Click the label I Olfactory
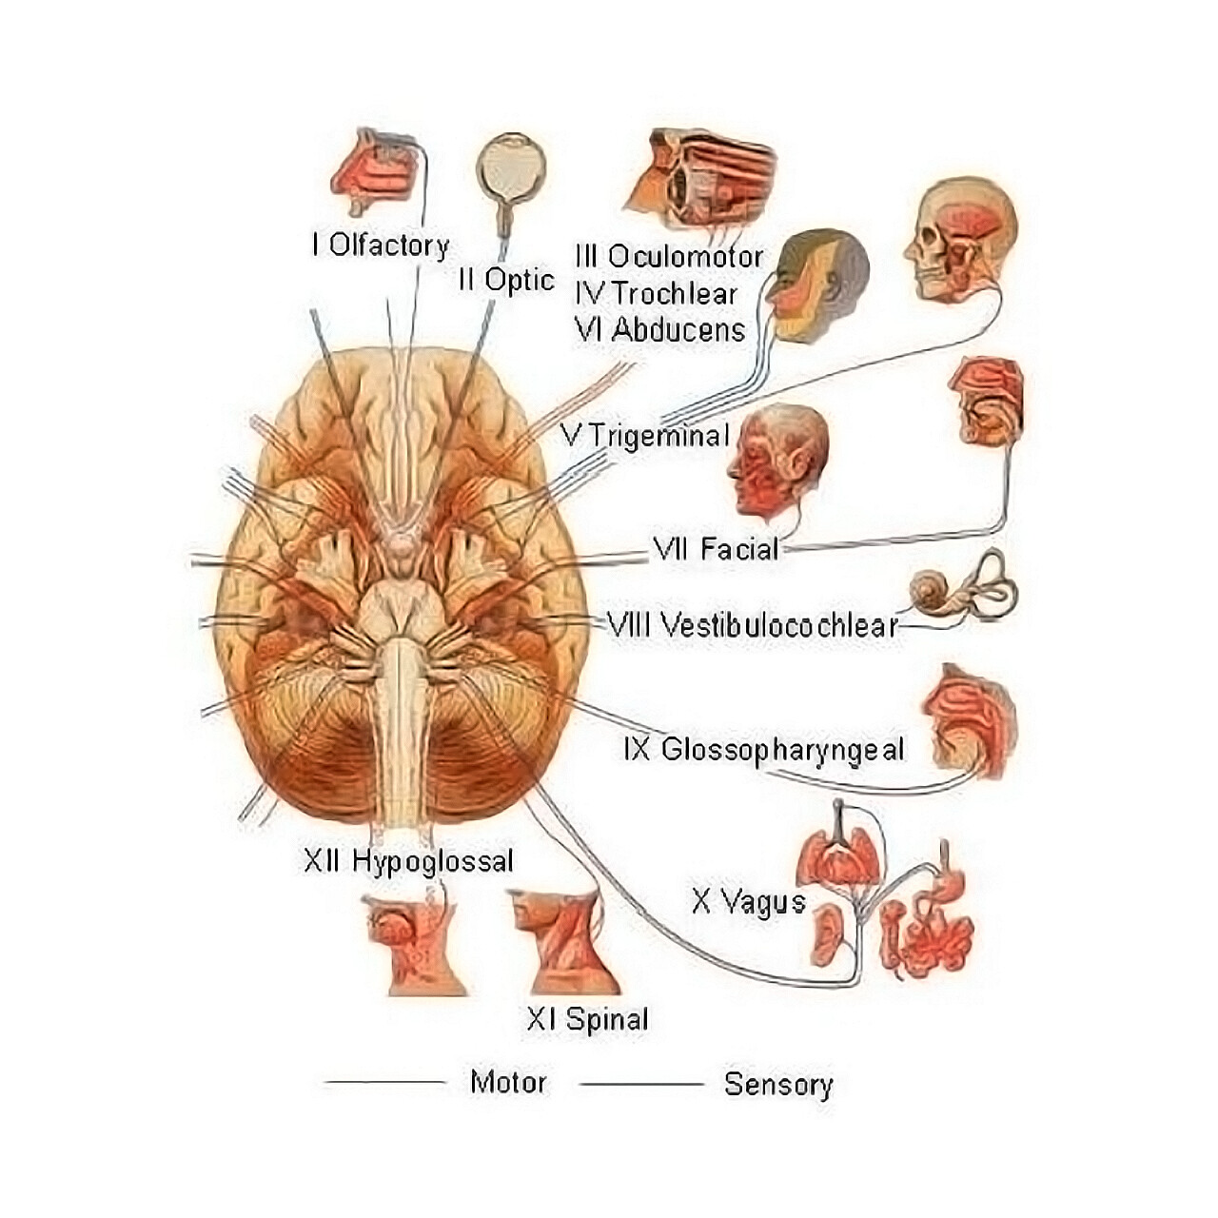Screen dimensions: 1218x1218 tap(380, 246)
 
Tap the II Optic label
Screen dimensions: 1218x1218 tap(505, 280)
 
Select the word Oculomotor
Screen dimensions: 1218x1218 tap(685, 257)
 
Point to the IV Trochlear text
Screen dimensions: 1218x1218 tap(656, 293)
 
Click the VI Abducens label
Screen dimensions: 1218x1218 tap(659, 330)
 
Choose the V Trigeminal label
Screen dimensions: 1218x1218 tap(645, 436)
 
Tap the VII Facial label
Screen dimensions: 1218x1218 tap(716, 549)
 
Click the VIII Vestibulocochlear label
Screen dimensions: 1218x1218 tap(752, 625)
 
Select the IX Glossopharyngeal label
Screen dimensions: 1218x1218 tap(764, 749)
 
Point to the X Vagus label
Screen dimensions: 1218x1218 tap(748, 900)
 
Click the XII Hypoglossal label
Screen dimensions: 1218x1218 tap(408, 861)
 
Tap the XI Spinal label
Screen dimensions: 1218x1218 tap(587, 1019)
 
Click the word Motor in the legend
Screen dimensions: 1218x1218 tap(508, 1082)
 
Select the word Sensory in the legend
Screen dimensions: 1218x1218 tap(777, 1084)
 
